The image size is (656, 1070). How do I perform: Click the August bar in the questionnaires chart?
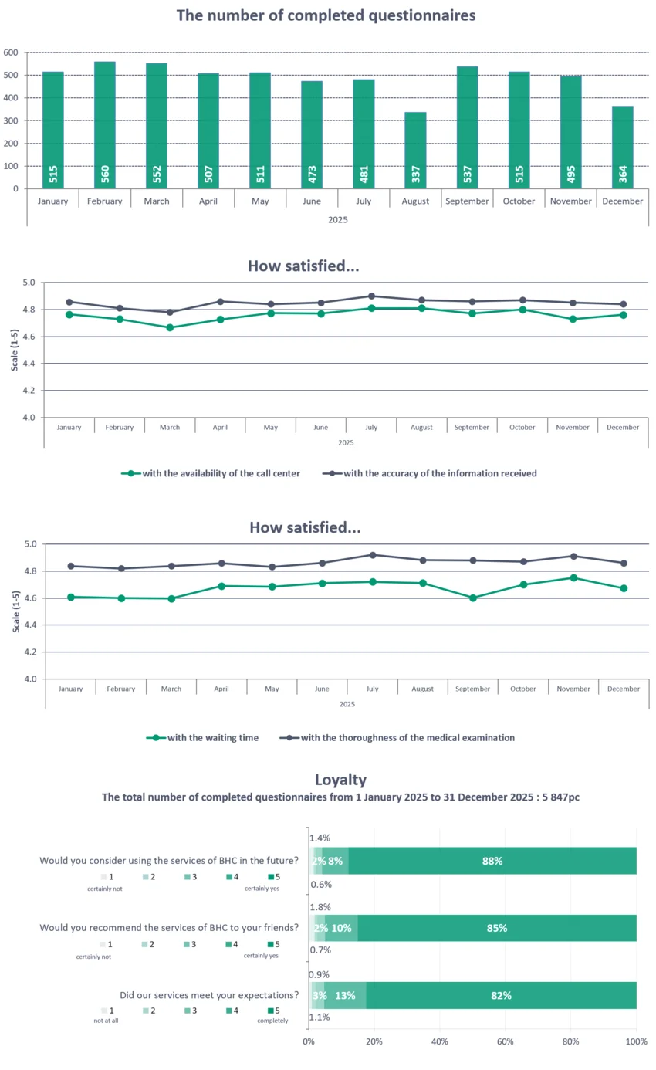[x=416, y=151]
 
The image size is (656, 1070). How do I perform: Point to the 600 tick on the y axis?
[x=11, y=52]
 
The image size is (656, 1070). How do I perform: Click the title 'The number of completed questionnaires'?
[x=326, y=15]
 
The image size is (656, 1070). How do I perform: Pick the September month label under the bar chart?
[x=468, y=201]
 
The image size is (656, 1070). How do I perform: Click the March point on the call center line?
[x=170, y=327]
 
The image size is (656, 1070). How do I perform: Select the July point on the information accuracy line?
[x=371, y=296]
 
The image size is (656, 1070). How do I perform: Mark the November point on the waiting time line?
[x=573, y=577]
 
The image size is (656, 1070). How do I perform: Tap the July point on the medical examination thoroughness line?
[x=372, y=555]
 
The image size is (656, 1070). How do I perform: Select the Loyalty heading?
[x=340, y=780]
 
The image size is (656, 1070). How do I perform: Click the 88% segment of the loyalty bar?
[x=492, y=861]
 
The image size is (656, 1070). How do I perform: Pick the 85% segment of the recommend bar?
[x=497, y=928]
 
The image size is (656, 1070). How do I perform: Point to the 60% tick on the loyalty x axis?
[x=506, y=1041]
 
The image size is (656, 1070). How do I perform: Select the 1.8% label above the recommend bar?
[x=320, y=907]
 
